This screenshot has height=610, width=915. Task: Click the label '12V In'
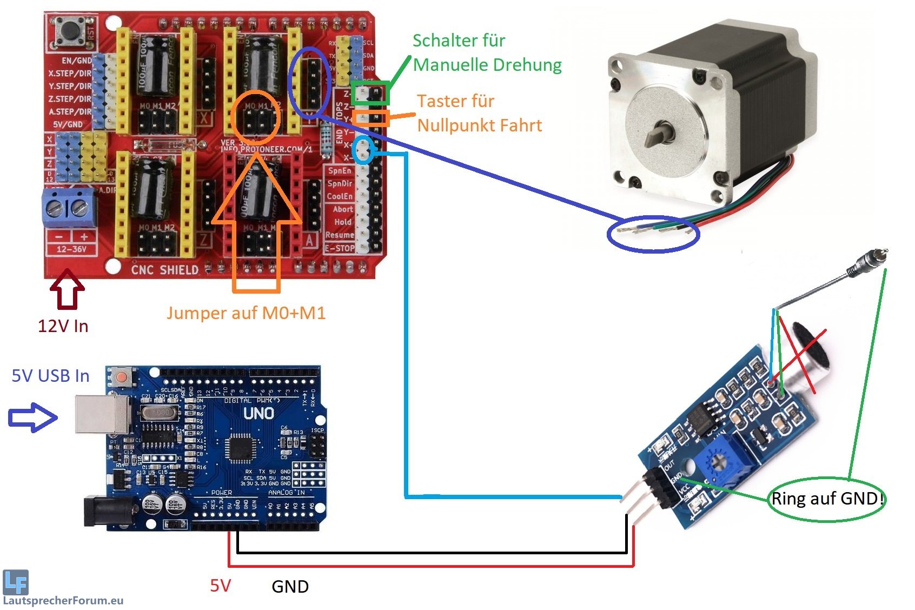[x=63, y=326]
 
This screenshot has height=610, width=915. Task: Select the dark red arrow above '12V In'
[x=67, y=290]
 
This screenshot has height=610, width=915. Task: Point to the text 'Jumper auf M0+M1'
[x=246, y=313]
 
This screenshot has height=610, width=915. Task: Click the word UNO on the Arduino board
[x=258, y=414]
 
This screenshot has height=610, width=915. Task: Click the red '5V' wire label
[x=220, y=586]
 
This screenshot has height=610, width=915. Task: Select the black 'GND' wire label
[x=290, y=587]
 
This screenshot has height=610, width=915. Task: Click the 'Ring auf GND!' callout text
[x=827, y=499]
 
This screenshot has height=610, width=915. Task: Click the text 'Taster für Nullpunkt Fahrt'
[x=479, y=113]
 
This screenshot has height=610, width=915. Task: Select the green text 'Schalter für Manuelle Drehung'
[x=487, y=52]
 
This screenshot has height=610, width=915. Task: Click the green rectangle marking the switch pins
[x=370, y=94]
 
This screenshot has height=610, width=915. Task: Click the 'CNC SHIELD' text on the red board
[x=165, y=269]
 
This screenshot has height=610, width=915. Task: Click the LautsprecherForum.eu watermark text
[x=63, y=600]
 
